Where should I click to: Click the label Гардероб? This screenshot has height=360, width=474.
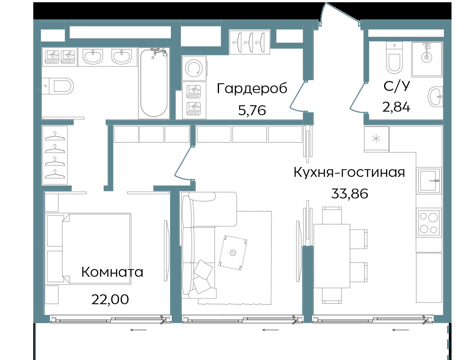click(252, 89)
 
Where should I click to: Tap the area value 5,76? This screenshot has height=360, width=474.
click(252, 110)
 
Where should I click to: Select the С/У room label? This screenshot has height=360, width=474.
click(397, 86)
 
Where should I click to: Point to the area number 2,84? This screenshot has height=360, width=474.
click(396, 107)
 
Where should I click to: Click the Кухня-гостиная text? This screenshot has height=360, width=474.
click(349, 172)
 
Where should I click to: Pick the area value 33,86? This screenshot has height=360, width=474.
click(350, 193)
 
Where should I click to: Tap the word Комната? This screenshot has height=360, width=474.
click(112, 272)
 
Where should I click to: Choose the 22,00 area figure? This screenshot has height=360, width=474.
click(110, 300)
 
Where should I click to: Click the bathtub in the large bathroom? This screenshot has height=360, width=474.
click(154, 83)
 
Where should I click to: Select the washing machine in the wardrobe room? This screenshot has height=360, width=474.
click(194, 68)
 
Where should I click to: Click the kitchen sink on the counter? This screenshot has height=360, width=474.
click(429, 181)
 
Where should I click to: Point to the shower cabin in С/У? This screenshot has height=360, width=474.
click(427, 59)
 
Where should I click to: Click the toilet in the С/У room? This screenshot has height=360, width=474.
click(394, 58)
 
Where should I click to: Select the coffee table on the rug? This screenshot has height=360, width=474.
click(233, 252)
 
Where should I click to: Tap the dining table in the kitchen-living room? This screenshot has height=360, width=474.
click(331, 256)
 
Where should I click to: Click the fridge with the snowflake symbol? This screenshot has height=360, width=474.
click(376, 139)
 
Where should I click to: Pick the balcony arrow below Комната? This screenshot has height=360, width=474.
click(139, 330)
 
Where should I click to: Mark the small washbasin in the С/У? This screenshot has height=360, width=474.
click(435, 97)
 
